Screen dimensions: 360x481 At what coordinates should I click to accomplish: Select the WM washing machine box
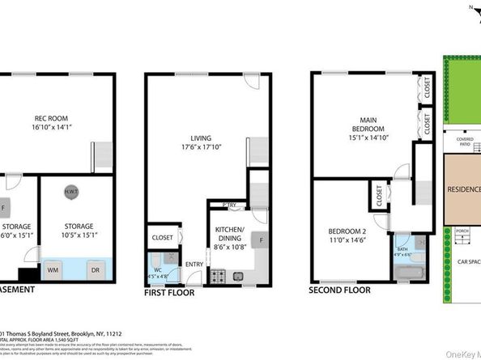52,269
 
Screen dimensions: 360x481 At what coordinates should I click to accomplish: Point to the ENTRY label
194,265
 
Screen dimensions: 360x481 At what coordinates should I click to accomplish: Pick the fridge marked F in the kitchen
262,239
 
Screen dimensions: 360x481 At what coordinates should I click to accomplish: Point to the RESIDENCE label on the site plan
463,191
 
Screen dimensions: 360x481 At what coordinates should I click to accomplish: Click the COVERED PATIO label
465,141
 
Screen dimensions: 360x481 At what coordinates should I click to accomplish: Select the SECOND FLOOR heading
340,289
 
